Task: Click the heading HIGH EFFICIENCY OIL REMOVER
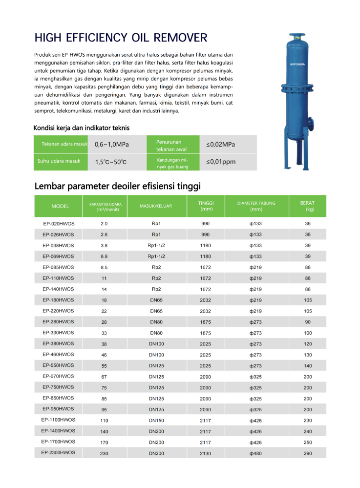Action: tap(121, 38)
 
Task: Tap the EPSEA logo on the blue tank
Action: tap(297, 64)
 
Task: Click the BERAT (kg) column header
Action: tap(309, 206)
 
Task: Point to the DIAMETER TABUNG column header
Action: tap(256, 206)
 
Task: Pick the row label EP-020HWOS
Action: tap(58, 224)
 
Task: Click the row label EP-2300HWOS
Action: tap(58, 453)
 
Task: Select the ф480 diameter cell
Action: tap(256, 453)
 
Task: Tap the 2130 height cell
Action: tap(205, 453)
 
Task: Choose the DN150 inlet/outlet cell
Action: tap(156, 421)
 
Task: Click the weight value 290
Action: tap(308, 453)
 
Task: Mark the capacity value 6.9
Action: tap(104, 256)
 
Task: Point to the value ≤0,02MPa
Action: tap(220, 145)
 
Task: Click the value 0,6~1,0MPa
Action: tap(112, 145)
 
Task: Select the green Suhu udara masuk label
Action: tap(59, 161)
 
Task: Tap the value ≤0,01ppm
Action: tap(220, 162)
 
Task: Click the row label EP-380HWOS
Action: tap(58, 343)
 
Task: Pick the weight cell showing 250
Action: tap(308, 442)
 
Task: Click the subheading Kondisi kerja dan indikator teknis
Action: tap(82, 128)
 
